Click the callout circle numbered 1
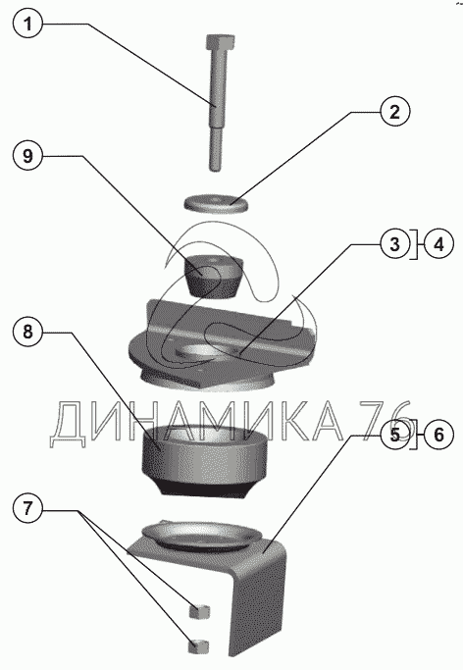click(27, 24)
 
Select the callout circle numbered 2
click(395, 112)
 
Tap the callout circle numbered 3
click(395, 244)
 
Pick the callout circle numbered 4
click(438, 244)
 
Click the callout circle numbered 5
click(395, 435)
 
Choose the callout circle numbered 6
click(438, 435)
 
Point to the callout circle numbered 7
click(27, 509)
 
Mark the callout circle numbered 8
click(27, 332)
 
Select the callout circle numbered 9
click(27, 156)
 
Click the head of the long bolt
click(220, 43)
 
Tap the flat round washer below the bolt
click(217, 202)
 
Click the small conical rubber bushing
click(214, 276)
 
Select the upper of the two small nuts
click(199, 611)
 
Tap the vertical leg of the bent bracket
click(257, 607)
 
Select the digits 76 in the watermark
click(386, 421)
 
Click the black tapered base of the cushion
click(204, 487)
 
